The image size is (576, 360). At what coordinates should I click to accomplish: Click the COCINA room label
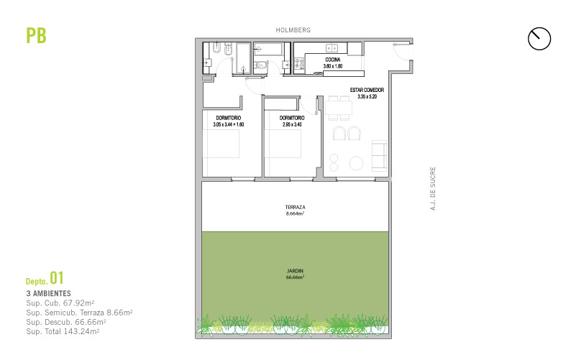point(333,60)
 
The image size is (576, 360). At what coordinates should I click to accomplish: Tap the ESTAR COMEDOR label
point(367,90)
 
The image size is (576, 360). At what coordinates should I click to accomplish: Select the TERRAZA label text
point(295,208)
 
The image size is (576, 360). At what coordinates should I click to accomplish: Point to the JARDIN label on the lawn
point(295,271)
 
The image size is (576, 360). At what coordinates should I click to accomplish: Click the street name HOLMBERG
point(293,30)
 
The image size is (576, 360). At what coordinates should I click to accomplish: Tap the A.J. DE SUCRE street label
point(433,189)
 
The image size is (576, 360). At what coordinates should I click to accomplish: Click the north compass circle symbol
point(539,39)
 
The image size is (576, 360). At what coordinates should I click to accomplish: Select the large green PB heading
point(37,36)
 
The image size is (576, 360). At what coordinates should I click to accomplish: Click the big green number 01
point(57,278)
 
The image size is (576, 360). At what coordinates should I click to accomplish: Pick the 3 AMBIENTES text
point(48,294)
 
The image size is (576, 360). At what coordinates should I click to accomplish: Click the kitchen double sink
point(332,47)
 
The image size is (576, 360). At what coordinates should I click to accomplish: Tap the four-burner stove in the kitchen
point(299,64)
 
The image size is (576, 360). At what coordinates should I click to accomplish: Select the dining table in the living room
point(339,108)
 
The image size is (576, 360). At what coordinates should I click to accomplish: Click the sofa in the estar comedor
point(379,156)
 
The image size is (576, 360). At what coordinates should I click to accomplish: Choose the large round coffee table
point(357,163)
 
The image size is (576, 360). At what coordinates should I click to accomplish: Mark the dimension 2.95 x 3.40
point(292,125)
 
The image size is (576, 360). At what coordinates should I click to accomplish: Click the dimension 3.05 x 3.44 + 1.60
point(229,125)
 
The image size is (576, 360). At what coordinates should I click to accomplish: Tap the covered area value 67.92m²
point(78,303)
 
